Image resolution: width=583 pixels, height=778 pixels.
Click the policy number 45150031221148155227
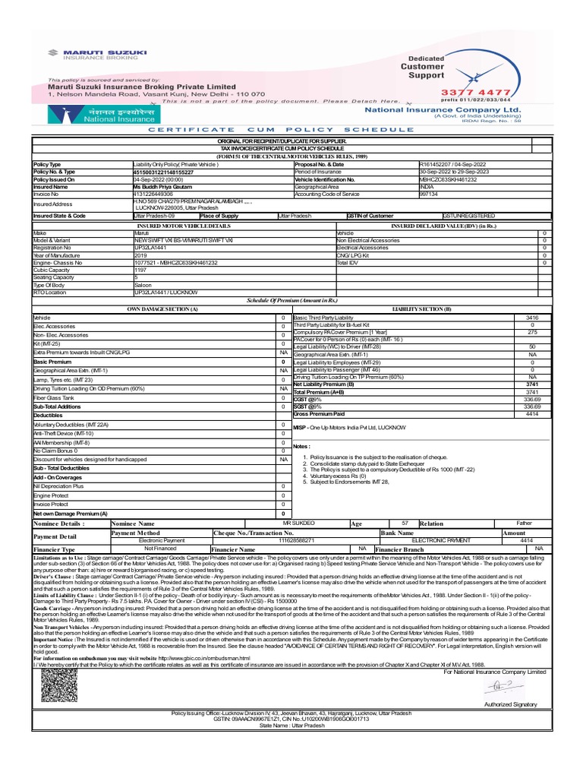[x=163, y=172]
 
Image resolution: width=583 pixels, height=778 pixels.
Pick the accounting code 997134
[x=429, y=194]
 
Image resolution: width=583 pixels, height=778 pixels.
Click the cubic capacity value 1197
[x=140, y=269]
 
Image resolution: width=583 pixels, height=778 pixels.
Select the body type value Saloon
[x=143, y=284]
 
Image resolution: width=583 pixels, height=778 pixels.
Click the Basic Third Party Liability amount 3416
[x=532, y=317]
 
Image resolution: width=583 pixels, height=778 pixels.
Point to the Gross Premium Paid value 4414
[x=532, y=413]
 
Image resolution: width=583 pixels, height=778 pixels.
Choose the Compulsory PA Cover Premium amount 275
[x=532, y=331]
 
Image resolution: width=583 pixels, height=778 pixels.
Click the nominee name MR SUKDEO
[x=298, y=523]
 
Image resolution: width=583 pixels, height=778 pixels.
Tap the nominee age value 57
[x=405, y=523]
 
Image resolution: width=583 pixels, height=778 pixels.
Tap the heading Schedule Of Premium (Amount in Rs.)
[x=291, y=300]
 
